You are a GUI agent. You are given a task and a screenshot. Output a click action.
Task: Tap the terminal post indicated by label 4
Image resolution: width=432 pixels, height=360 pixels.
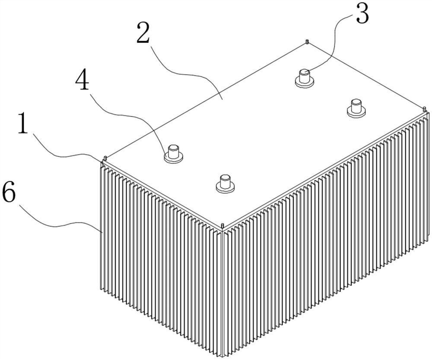point(174,153)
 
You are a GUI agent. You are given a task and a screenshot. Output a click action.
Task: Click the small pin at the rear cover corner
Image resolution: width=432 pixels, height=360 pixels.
point(306,42)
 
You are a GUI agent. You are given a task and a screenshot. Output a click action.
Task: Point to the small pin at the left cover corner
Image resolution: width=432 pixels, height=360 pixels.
point(105,158)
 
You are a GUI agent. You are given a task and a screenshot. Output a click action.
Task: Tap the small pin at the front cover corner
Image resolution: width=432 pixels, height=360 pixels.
point(222,226)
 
